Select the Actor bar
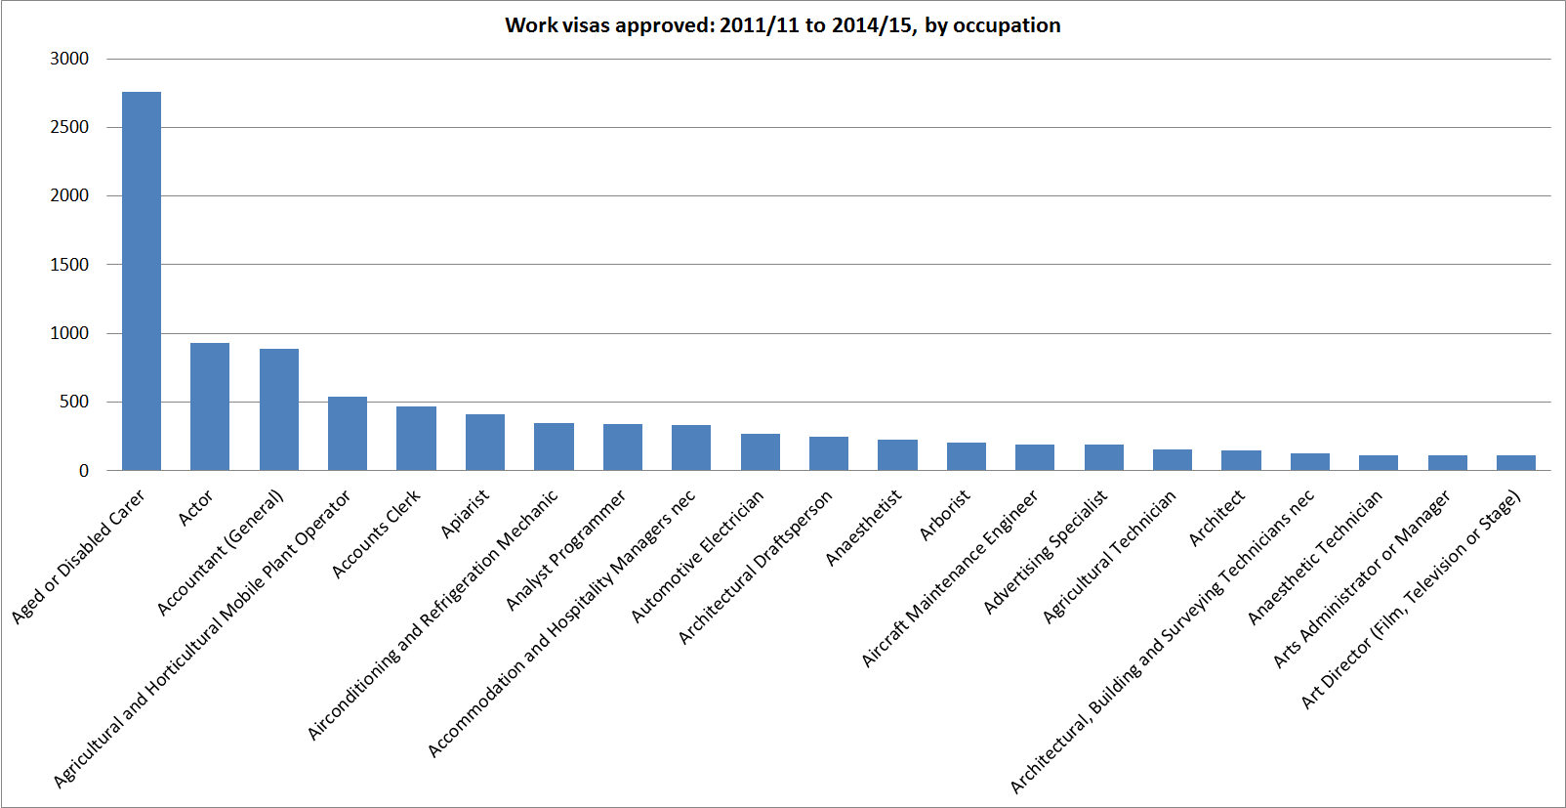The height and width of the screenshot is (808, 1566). (x=210, y=406)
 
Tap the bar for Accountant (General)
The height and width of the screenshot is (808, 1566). (x=279, y=409)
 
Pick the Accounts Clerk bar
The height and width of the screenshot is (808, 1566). (x=416, y=439)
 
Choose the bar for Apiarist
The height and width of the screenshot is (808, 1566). (x=485, y=443)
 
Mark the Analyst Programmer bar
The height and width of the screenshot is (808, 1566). (x=623, y=447)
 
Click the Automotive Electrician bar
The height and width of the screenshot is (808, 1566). (x=761, y=452)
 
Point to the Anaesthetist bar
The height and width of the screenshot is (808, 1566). (x=897, y=455)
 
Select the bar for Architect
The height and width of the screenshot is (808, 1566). (x=1241, y=460)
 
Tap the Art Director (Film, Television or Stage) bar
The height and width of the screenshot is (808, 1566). (x=1516, y=463)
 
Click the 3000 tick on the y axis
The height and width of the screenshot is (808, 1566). (x=69, y=59)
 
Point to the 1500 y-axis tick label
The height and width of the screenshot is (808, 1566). (x=69, y=265)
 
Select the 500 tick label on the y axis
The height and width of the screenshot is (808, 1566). (x=74, y=402)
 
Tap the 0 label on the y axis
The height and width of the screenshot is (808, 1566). (x=84, y=471)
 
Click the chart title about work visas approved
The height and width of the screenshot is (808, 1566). (x=782, y=25)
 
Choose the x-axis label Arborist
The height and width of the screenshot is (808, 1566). (x=945, y=515)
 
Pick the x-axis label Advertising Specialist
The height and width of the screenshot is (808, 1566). (x=1046, y=552)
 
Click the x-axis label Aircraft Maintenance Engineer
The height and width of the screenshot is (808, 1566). (x=950, y=579)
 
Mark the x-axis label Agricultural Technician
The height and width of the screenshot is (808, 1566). (x=1109, y=556)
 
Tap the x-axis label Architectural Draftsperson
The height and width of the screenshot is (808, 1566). (x=756, y=567)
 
